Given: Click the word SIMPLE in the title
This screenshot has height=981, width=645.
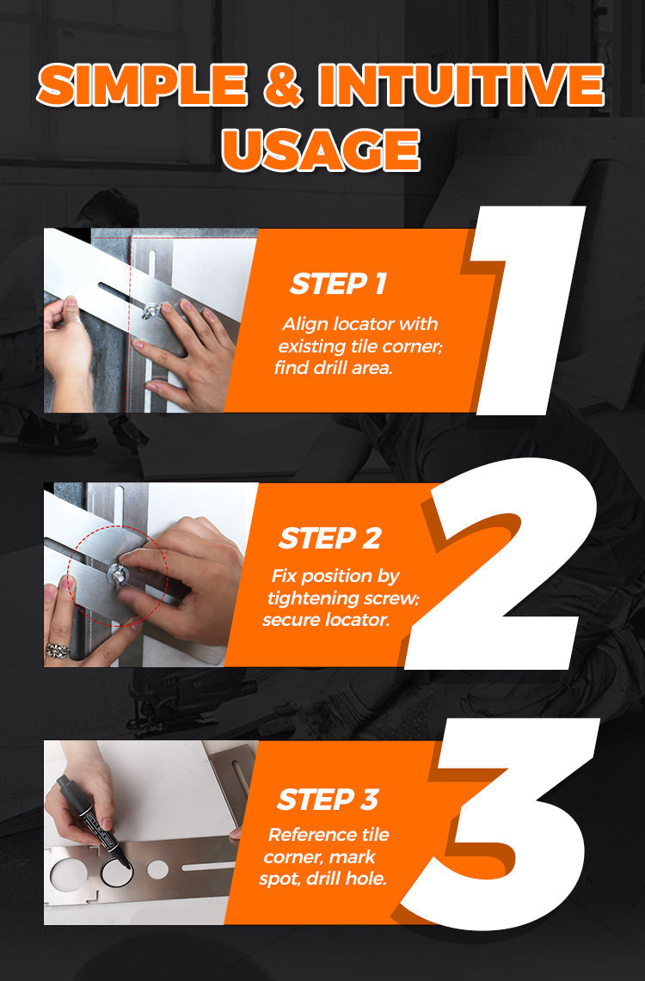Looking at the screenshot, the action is [x=142, y=85].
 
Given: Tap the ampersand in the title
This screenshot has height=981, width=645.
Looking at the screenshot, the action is [x=283, y=85].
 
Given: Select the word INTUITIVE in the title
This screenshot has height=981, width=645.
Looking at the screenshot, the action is [x=461, y=85].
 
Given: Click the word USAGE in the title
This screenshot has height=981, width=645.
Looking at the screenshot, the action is [x=321, y=150].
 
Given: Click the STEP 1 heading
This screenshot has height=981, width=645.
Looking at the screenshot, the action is [x=339, y=284].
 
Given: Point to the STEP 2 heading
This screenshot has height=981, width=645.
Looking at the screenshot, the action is [x=329, y=539].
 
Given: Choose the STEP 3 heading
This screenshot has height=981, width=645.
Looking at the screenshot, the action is [x=328, y=800].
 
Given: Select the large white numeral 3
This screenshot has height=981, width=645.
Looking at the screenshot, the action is [x=501, y=823].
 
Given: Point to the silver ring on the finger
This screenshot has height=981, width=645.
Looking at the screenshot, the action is [x=58, y=651].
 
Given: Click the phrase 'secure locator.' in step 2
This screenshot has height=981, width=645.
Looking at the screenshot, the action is [x=326, y=619].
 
